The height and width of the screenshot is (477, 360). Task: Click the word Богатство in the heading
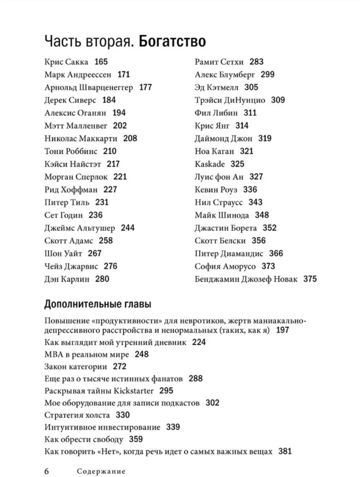[172, 42]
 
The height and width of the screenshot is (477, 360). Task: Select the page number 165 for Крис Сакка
[101, 62]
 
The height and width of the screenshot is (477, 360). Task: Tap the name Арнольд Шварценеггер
[89, 87]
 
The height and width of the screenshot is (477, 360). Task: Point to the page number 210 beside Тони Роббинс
[109, 151]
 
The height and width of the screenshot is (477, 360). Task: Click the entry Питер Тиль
[67, 202]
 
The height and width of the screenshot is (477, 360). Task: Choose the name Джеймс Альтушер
[80, 228]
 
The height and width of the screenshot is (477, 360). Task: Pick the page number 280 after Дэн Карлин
[102, 279]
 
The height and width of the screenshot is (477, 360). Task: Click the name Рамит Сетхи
[219, 62]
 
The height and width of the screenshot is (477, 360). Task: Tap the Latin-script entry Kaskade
[210, 164]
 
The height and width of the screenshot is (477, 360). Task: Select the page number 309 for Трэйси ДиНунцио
[278, 100]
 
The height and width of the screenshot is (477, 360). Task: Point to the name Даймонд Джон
[223, 139]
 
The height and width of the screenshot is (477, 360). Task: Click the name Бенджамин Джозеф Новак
[246, 279]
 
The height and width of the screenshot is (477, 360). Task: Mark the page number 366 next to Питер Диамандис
[276, 253]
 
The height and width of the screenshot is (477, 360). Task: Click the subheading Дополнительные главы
[98, 304]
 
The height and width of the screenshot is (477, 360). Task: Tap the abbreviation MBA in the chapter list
[52, 354]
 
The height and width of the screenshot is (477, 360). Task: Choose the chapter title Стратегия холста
[77, 415]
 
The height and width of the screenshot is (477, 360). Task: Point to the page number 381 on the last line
[285, 451]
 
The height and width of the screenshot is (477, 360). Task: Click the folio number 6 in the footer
[47, 471]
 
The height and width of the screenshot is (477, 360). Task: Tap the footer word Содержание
[101, 471]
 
